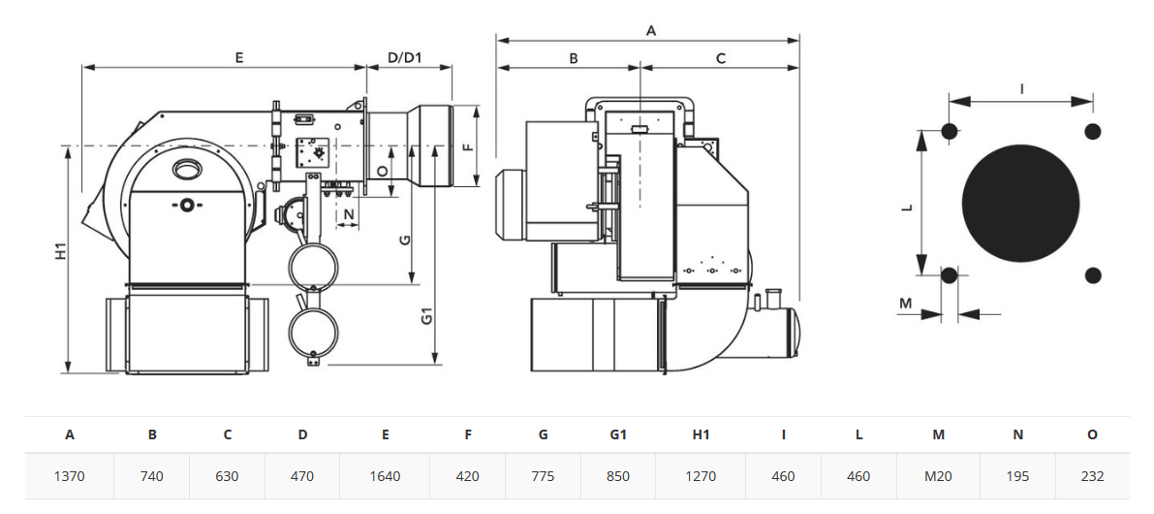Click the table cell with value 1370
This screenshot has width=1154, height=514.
pos(70,476)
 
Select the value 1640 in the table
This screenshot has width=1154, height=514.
pos(385,476)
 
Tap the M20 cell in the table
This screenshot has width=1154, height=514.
pos(938,476)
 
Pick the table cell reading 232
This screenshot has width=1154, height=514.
pos(1092,476)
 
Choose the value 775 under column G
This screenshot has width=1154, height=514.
pos(543,476)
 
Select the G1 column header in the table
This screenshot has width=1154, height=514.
pos(617,434)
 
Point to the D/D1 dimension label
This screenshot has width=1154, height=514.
pos(404,57)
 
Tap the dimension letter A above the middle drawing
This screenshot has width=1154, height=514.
pos(650,30)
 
